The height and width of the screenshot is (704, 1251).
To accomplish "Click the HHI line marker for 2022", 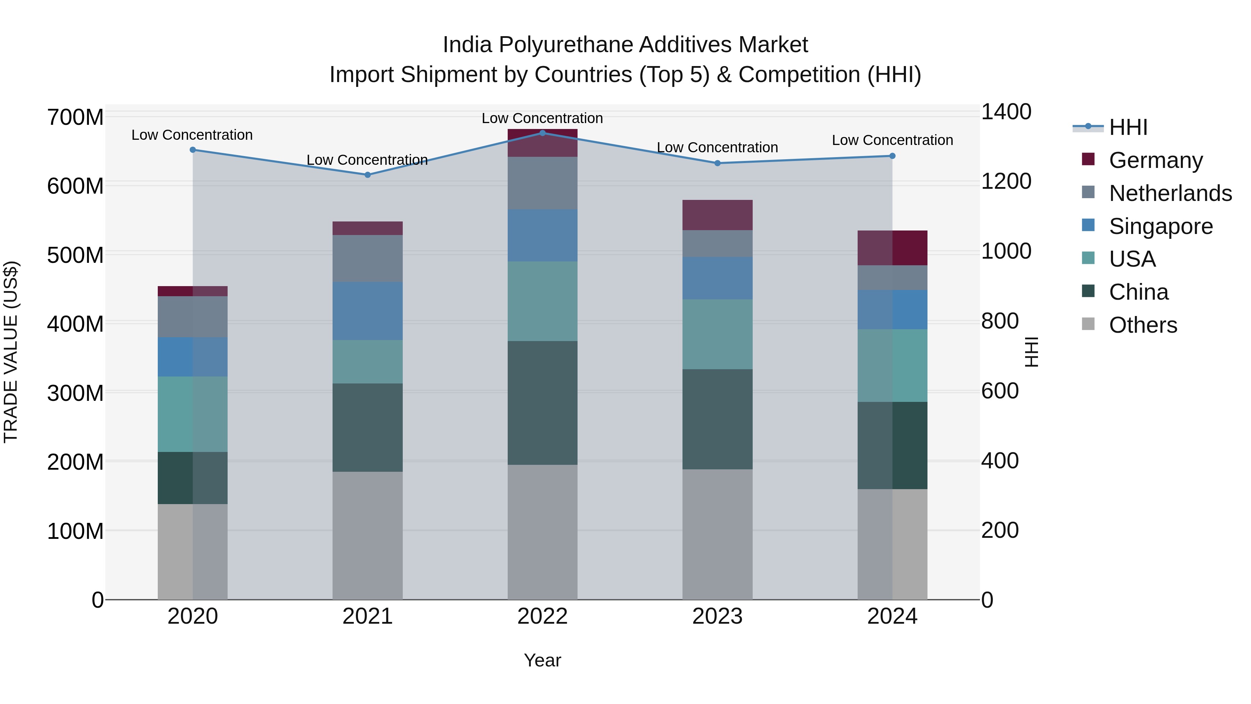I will click(x=542, y=133).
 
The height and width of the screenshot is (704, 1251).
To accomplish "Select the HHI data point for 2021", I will click(x=368, y=175).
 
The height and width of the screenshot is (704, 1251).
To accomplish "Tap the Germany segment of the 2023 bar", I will click(x=717, y=215).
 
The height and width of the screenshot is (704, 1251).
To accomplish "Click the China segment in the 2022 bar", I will click(x=542, y=403).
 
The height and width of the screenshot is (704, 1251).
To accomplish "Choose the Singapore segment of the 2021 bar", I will click(x=368, y=311).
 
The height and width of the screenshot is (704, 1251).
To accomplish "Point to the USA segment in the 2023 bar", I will click(x=717, y=334).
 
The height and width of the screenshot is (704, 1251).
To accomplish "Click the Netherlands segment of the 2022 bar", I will click(x=542, y=183).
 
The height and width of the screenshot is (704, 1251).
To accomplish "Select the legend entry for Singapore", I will click(x=1161, y=226).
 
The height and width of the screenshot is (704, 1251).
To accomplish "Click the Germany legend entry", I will click(x=1156, y=160).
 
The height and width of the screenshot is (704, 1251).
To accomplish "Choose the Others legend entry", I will click(x=1143, y=325).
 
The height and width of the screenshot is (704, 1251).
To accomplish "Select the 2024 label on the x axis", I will click(x=892, y=616).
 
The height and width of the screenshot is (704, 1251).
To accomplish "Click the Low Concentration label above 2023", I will click(x=717, y=147).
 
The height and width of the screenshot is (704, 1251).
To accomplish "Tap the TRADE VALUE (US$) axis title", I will click(x=11, y=352).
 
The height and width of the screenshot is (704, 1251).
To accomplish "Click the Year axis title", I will click(x=542, y=660).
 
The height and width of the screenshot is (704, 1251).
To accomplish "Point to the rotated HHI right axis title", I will click(x=1031, y=352).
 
